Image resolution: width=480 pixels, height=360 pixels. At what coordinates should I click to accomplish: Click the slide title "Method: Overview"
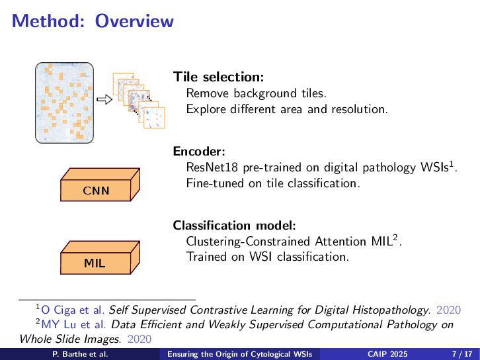[x=93, y=21]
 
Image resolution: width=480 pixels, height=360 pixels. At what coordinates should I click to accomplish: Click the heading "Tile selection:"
[x=218, y=77]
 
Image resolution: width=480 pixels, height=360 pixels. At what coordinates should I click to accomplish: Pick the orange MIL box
[x=95, y=262]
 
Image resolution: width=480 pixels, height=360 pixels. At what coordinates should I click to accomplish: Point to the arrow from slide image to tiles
[x=102, y=100]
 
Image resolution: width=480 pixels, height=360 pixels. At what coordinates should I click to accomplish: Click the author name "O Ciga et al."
[x=73, y=309]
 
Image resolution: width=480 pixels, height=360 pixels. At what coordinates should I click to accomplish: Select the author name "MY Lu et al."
[x=74, y=324]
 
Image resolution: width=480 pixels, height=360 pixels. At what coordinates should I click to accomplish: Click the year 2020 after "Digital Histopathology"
[x=449, y=309]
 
